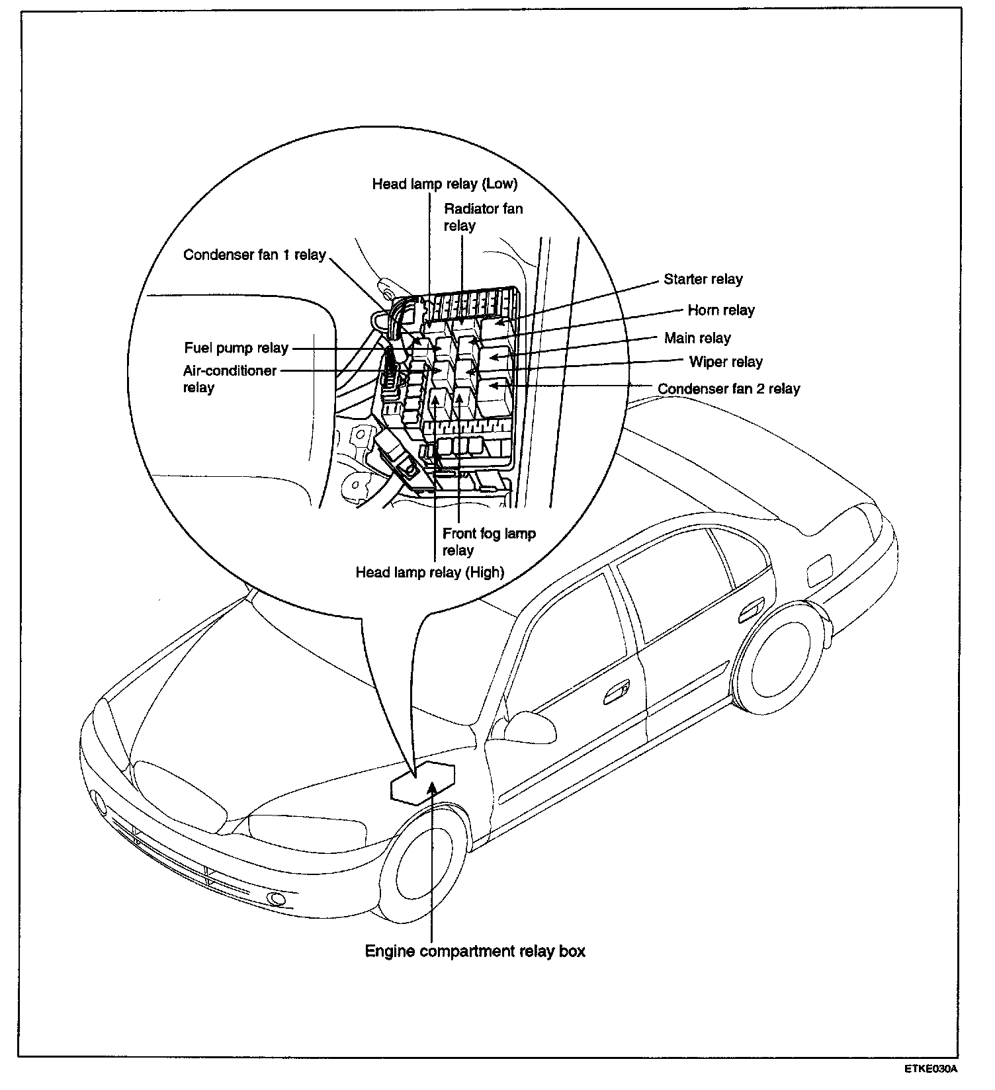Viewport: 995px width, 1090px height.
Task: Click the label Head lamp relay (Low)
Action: pos(445,183)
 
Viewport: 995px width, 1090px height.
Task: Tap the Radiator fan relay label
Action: pos(483,217)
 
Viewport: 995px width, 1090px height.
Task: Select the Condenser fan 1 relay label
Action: pos(255,255)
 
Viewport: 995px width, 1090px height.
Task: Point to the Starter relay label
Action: pos(703,279)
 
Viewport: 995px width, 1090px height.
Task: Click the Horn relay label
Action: pos(721,310)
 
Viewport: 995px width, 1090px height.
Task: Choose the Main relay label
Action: pos(697,338)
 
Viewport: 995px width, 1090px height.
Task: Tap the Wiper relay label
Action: pos(726,362)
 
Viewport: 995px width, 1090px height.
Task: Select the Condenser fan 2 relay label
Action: pos(728,388)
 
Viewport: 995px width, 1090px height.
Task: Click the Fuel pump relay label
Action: pos(236,348)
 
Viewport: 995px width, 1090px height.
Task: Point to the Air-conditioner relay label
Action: pos(230,378)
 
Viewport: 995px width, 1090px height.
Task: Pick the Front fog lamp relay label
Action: pos(489,542)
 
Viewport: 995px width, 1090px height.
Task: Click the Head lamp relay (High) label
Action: pos(430,572)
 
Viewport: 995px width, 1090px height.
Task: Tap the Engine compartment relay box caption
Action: pos(475,952)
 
